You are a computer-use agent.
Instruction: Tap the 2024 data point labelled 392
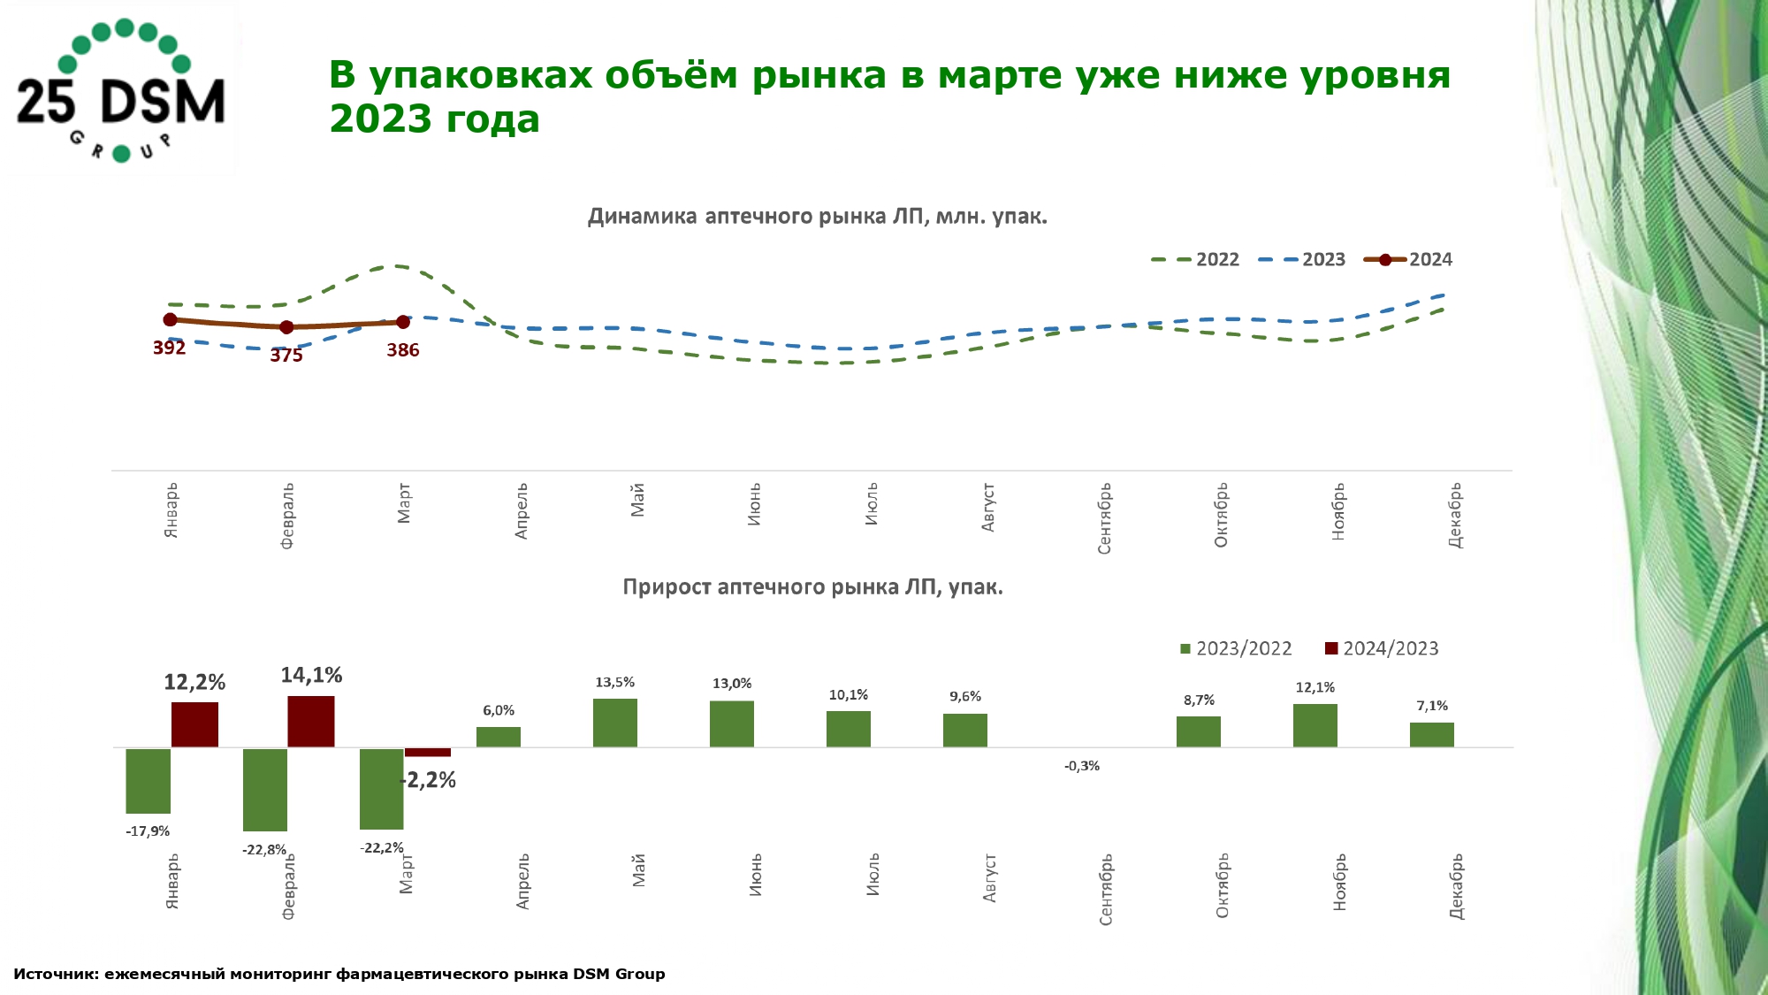170,319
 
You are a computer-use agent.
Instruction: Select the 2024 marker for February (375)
286,327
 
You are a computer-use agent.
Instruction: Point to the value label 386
403,350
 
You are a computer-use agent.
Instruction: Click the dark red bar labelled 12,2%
194,724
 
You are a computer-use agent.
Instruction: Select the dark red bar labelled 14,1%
311,721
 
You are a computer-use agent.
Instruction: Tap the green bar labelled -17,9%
148,780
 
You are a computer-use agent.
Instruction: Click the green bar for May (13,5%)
615,723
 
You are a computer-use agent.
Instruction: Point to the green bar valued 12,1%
1315,725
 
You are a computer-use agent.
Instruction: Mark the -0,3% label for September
1082,766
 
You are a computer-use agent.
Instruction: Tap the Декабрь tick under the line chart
1455,515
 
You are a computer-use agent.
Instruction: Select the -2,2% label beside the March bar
431,780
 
